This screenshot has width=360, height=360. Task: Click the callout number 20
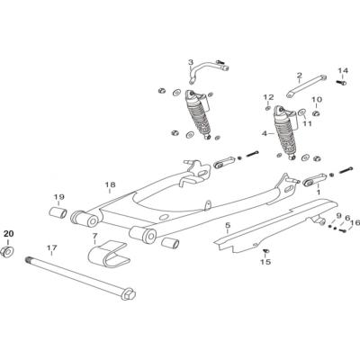[8, 233]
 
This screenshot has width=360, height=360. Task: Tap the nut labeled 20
[6, 251]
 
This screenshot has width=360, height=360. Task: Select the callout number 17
[51, 247]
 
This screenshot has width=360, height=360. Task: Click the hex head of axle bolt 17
[129, 293]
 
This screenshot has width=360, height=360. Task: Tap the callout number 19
[59, 197]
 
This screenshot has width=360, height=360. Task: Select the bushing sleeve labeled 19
[58, 212]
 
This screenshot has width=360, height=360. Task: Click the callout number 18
[110, 184]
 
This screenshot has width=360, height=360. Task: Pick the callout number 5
[227, 225]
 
